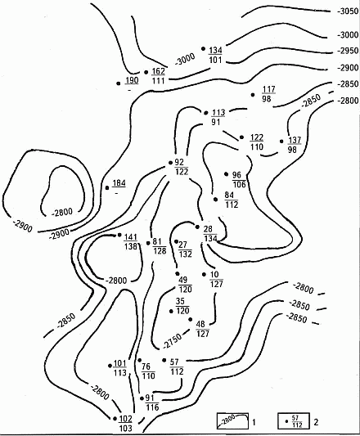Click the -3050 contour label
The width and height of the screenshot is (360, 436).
point(348,11)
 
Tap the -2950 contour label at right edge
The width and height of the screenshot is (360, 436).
point(348,52)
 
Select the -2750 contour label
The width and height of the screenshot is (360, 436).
point(173,340)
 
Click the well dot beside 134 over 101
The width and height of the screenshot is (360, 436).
point(204,48)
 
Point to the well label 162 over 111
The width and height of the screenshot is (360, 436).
point(158,75)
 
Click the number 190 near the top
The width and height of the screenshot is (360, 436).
point(132,80)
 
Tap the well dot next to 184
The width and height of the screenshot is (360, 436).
point(107,188)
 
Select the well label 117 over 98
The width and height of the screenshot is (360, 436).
point(268,94)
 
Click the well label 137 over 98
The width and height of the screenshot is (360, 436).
point(295,145)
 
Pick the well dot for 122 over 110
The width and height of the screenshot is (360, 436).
point(241,137)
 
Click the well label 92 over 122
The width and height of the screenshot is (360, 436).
point(182,167)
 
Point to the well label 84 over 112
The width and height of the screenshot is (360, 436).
point(232,200)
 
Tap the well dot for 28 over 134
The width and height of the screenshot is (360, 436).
point(197,227)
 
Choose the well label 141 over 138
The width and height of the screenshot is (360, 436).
point(130,241)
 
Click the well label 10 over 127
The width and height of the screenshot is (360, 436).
point(216,279)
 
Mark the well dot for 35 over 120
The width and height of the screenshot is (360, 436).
point(171,311)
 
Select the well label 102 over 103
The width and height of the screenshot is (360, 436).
point(125,423)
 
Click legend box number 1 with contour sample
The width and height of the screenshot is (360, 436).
point(232,420)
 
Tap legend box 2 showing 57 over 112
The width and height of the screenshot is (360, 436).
point(294,421)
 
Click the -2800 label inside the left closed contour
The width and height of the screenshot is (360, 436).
point(62,213)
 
